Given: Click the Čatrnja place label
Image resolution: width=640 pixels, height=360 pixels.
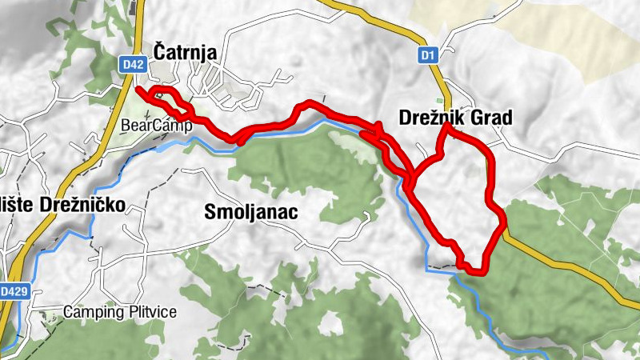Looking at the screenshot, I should [185, 53].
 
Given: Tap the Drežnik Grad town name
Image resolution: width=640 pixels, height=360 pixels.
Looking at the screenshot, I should [454, 118].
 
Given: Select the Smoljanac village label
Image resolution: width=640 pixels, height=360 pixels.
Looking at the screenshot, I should [251, 212].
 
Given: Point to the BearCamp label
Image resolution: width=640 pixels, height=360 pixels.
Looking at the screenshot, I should [147, 126].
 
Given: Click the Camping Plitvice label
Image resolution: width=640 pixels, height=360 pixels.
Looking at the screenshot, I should [120, 311].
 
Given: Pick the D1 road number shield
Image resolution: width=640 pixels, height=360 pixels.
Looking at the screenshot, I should [428, 55].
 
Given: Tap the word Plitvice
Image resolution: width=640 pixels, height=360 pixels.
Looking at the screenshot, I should [150, 311].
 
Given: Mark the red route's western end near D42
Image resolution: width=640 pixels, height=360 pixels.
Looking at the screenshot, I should [139, 89].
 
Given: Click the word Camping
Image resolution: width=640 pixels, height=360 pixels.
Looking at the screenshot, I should [92, 311].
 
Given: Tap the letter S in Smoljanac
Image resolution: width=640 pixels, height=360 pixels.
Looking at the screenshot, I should [210, 212].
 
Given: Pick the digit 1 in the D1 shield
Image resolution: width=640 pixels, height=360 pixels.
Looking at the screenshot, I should [432, 55].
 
